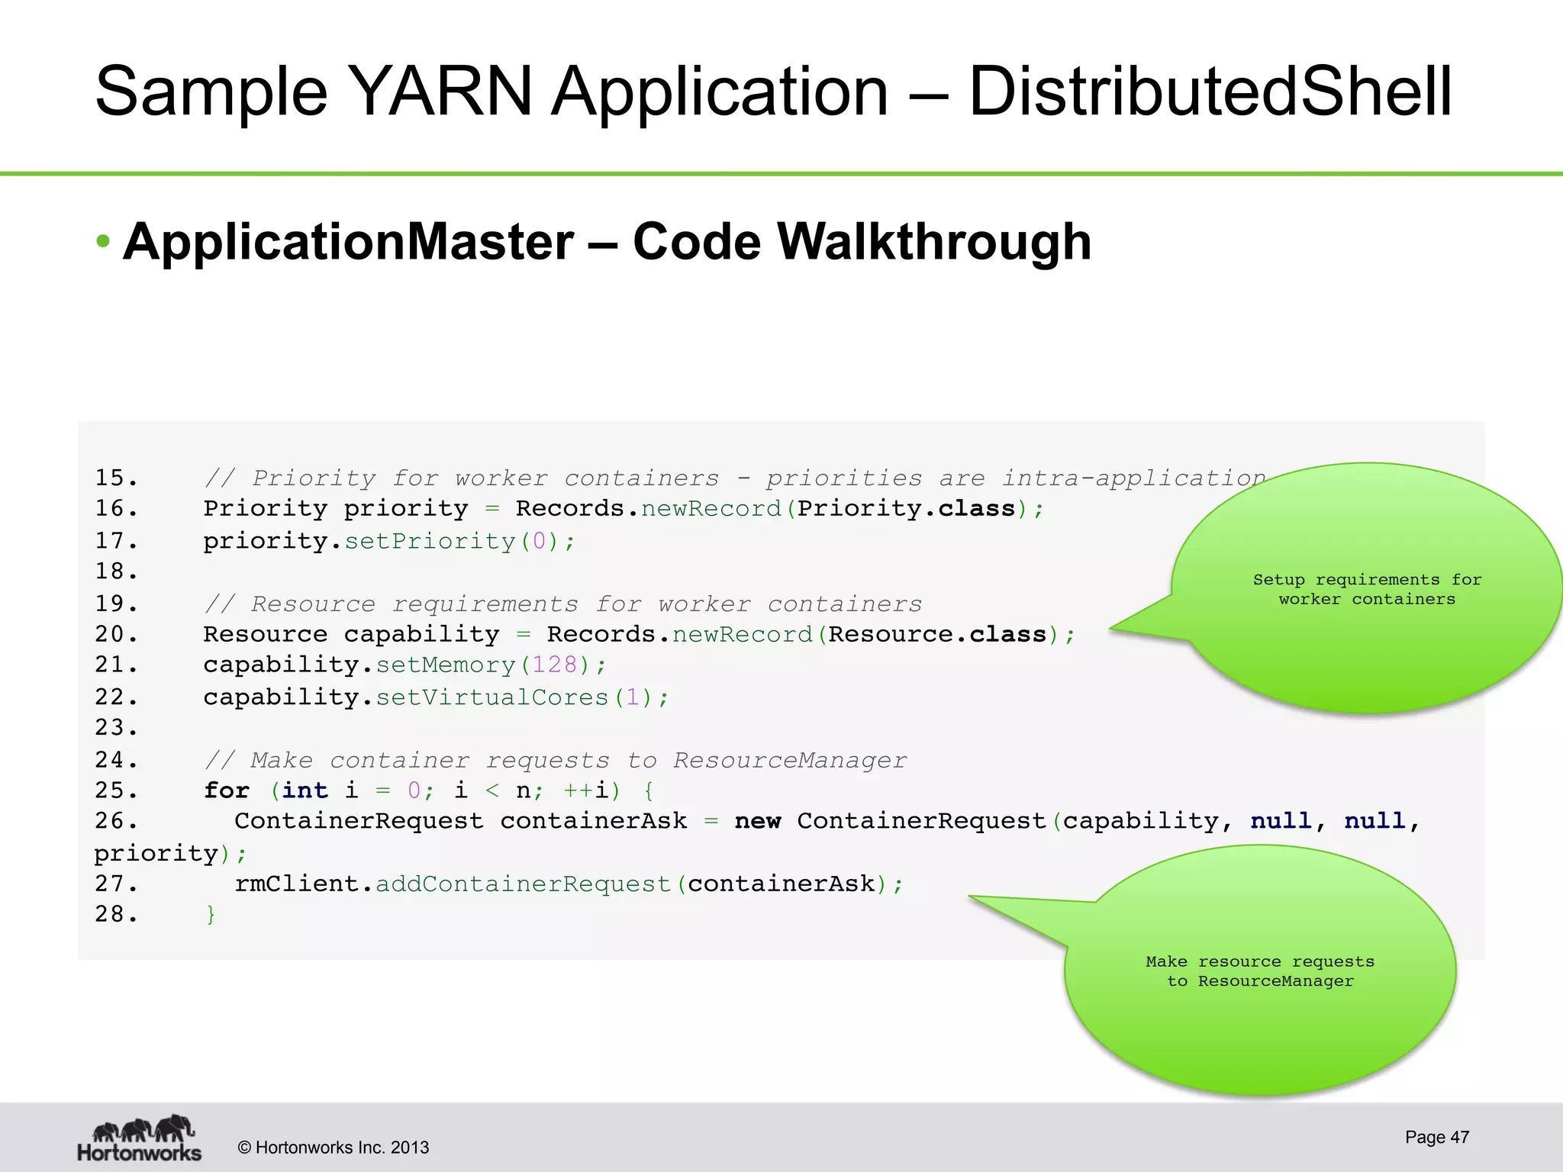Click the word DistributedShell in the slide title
pos(1210,92)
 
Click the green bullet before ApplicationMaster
pos(104,242)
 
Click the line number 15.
pos(115,478)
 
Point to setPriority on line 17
pos(430,541)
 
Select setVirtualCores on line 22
pos(491,697)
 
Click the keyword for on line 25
pos(227,790)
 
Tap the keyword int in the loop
pos(305,790)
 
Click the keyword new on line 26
pos(757,821)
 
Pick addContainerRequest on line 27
pos(523,884)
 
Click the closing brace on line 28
pos(211,914)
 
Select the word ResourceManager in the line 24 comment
pos(789,760)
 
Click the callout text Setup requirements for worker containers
pos(1367,589)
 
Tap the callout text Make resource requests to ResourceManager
pos(1259,971)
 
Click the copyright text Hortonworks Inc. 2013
pos(334,1148)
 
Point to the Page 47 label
pos(1436,1137)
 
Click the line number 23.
pos(115,728)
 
